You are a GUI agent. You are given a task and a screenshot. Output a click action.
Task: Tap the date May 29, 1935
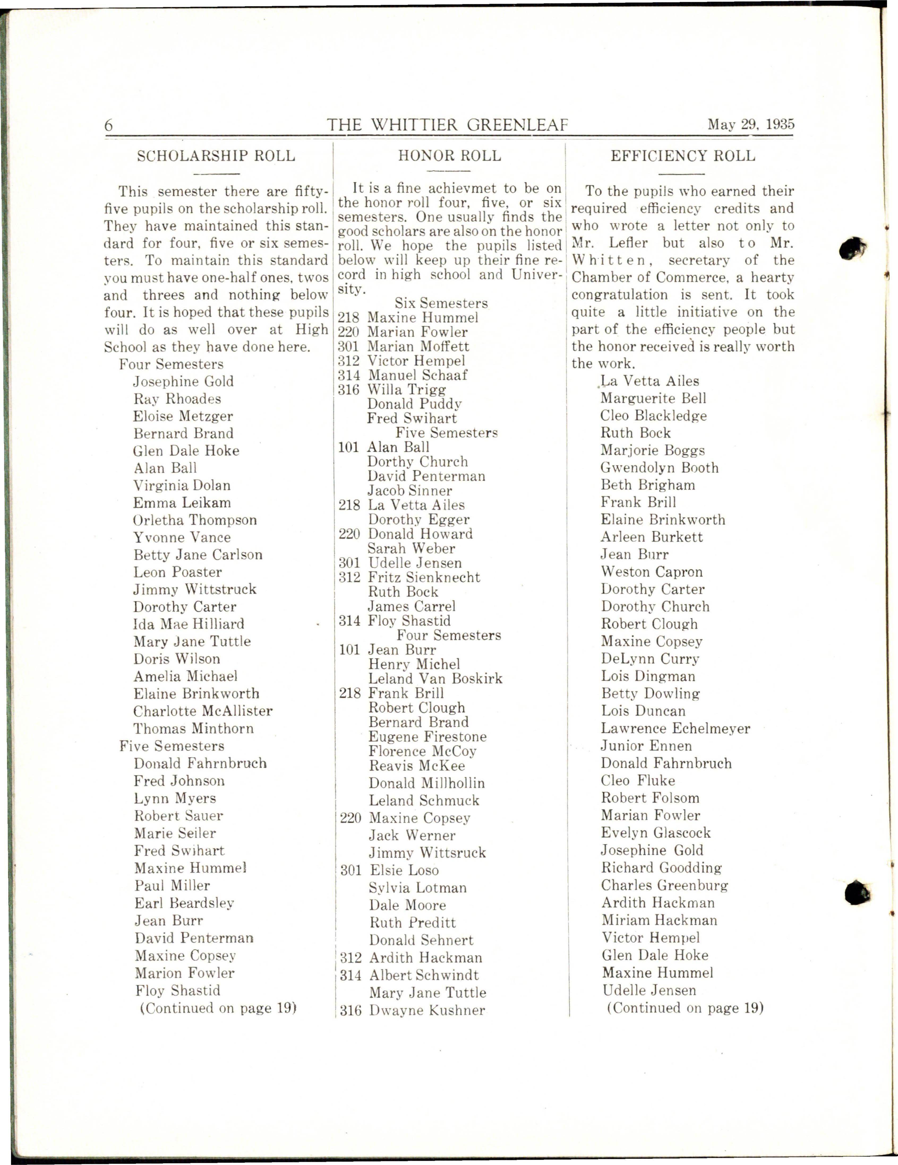click(x=751, y=124)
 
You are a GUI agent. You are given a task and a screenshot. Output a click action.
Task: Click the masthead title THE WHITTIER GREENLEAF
click(x=447, y=125)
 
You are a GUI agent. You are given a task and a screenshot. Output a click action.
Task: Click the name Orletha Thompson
click(x=195, y=520)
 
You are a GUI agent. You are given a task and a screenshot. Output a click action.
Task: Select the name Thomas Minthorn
click(x=193, y=729)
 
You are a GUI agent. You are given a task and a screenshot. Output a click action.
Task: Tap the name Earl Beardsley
click(x=184, y=903)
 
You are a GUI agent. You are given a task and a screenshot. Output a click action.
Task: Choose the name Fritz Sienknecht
click(x=424, y=577)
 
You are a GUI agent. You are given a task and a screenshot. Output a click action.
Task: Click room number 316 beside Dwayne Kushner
click(x=350, y=1011)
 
